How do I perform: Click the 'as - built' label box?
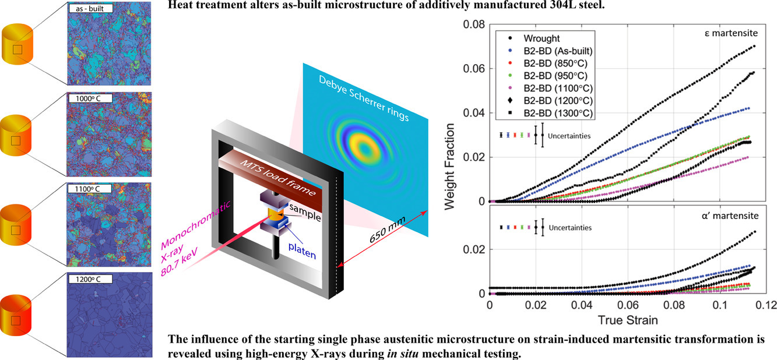90,8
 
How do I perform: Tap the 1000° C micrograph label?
90,98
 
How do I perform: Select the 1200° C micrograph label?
90,279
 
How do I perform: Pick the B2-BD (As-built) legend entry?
550,51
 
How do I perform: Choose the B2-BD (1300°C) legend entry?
550,113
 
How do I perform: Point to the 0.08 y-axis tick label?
474,24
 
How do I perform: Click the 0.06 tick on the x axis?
628,305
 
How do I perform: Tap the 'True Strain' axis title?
628,320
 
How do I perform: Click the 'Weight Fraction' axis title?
449,167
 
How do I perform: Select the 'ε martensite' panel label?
731,33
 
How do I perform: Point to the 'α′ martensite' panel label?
730,216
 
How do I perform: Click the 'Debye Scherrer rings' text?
364,98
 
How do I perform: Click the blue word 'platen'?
302,250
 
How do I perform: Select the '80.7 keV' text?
179,261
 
